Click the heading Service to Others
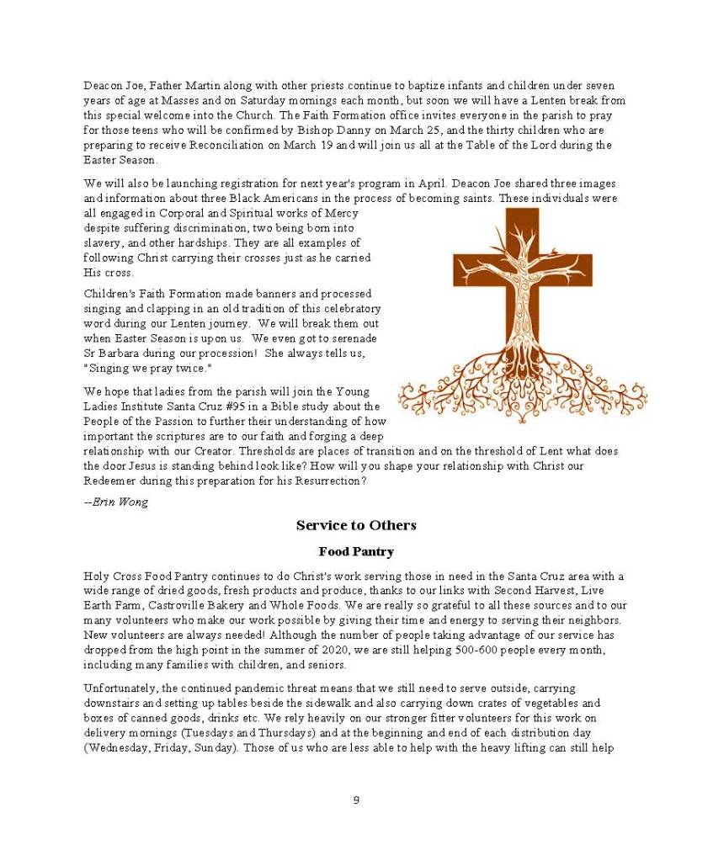pos(356,525)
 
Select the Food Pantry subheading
pos(356,552)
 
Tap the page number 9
pos(356,800)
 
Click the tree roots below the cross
pos(522,391)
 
